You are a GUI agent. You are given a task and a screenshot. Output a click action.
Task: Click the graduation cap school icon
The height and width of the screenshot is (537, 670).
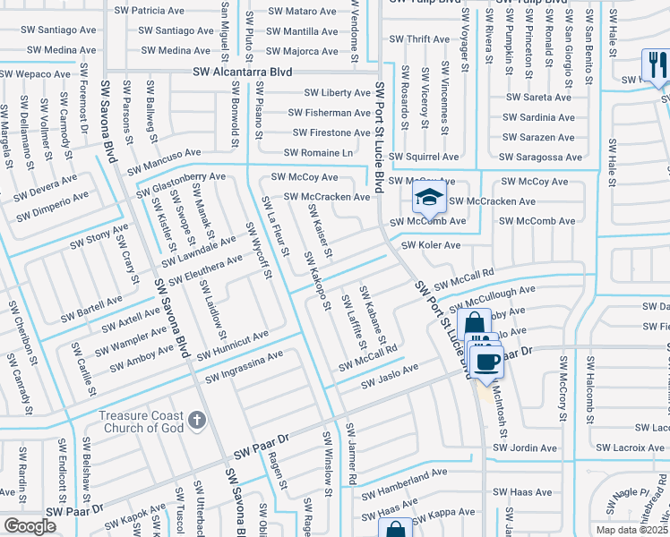(430, 197)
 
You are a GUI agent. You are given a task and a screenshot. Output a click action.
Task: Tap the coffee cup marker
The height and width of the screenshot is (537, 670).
(486, 362)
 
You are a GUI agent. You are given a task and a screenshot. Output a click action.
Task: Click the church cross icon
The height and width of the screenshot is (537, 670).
(197, 418)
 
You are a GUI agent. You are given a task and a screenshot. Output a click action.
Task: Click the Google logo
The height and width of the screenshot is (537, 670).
(30, 526)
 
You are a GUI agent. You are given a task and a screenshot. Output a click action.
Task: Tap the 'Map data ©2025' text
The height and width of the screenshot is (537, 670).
(631, 530)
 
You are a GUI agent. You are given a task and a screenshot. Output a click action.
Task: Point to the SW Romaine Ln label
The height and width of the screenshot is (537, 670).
(331, 153)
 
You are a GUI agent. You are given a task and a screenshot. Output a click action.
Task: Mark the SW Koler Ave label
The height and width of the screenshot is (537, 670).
(430, 244)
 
